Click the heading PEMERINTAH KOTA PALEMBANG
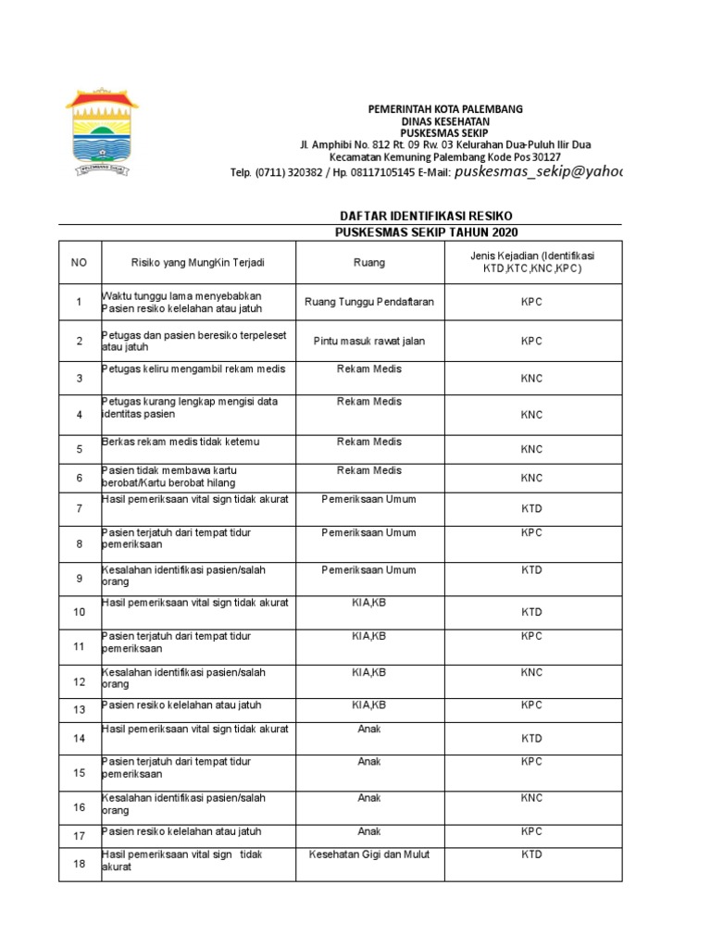click(445, 108)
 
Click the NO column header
click(80, 263)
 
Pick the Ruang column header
click(369, 263)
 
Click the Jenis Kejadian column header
click(531, 262)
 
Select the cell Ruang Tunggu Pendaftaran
click(369, 302)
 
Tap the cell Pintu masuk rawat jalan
click(369, 341)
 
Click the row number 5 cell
click(80, 449)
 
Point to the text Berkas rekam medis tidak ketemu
click(181, 443)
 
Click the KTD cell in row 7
click(531, 508)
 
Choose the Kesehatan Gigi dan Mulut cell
click(369, 854)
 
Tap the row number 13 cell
click(80, 709)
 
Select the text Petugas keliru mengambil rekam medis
click(193, 369)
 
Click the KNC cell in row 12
click(531, 672)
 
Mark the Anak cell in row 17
click(369, 831)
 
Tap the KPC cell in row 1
click(531, 302)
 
